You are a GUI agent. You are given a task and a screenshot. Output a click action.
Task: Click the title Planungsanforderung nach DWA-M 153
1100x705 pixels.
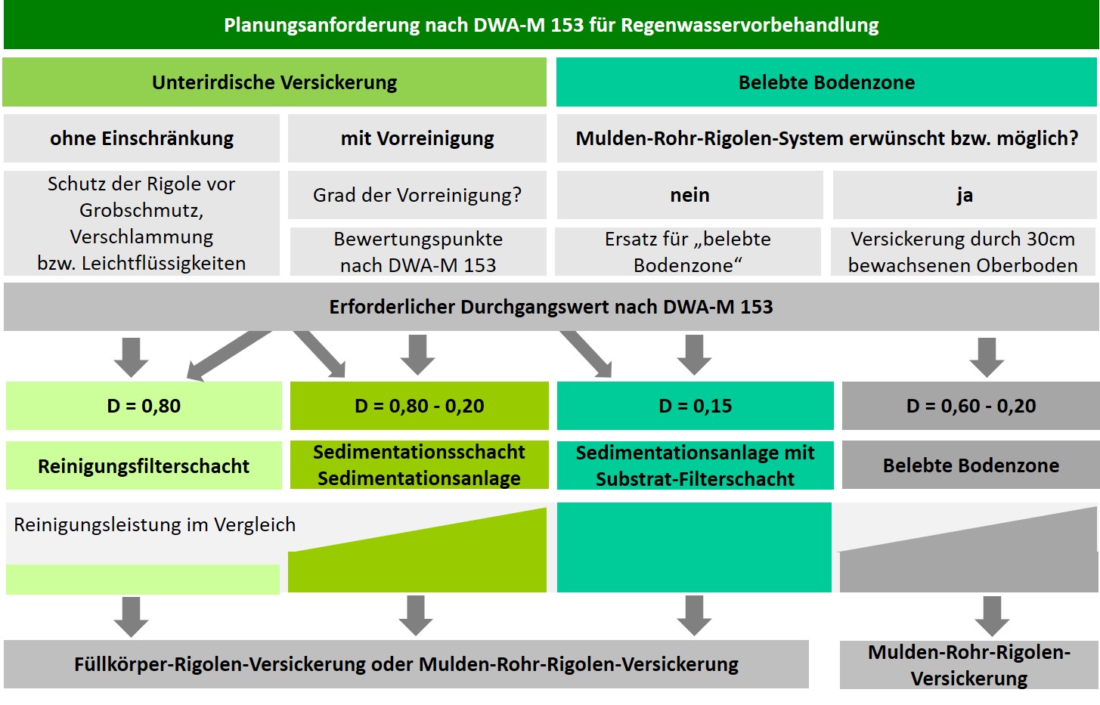[551, 25]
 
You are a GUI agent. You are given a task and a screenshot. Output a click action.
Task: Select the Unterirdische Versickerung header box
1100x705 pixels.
[274, 82]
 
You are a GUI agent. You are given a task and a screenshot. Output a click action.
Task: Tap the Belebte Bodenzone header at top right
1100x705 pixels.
[826, 82]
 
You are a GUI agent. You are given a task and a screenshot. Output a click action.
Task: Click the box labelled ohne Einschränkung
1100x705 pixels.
[141, 138]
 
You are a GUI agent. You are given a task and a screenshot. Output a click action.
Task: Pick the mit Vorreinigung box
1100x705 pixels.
[417, 138]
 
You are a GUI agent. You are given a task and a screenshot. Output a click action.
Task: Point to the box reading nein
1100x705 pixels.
[690, 195]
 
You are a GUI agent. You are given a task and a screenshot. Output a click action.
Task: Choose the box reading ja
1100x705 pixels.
[965, 195]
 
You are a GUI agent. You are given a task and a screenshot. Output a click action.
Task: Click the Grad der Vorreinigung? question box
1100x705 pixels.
[417, 195]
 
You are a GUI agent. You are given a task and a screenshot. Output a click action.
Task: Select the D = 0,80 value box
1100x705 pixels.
[144, 406]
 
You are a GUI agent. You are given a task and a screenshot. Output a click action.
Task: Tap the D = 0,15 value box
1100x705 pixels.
[696, 406]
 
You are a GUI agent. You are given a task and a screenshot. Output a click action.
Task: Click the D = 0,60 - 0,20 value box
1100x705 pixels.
[971, 406]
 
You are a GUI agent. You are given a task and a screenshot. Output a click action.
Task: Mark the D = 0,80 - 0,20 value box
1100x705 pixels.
[420, 406]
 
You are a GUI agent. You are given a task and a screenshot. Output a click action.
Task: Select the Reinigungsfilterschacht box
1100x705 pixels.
[144, 465]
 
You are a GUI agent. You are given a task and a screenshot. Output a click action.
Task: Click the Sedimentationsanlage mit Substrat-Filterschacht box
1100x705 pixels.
[696, 465]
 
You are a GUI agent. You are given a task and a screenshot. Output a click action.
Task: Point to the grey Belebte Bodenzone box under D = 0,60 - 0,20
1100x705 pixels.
[971, 465]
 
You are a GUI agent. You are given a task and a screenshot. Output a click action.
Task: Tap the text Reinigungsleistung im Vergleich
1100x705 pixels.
[155, 524]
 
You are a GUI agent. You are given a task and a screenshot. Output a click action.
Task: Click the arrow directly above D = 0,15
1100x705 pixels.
[694, 355]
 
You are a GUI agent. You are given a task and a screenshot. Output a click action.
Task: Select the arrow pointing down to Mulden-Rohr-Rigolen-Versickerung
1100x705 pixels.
[992, 617]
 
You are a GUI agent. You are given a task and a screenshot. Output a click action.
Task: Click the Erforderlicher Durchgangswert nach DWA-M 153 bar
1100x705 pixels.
[551, 307]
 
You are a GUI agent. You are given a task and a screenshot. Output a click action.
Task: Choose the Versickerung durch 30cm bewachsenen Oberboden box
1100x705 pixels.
[963, 252]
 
